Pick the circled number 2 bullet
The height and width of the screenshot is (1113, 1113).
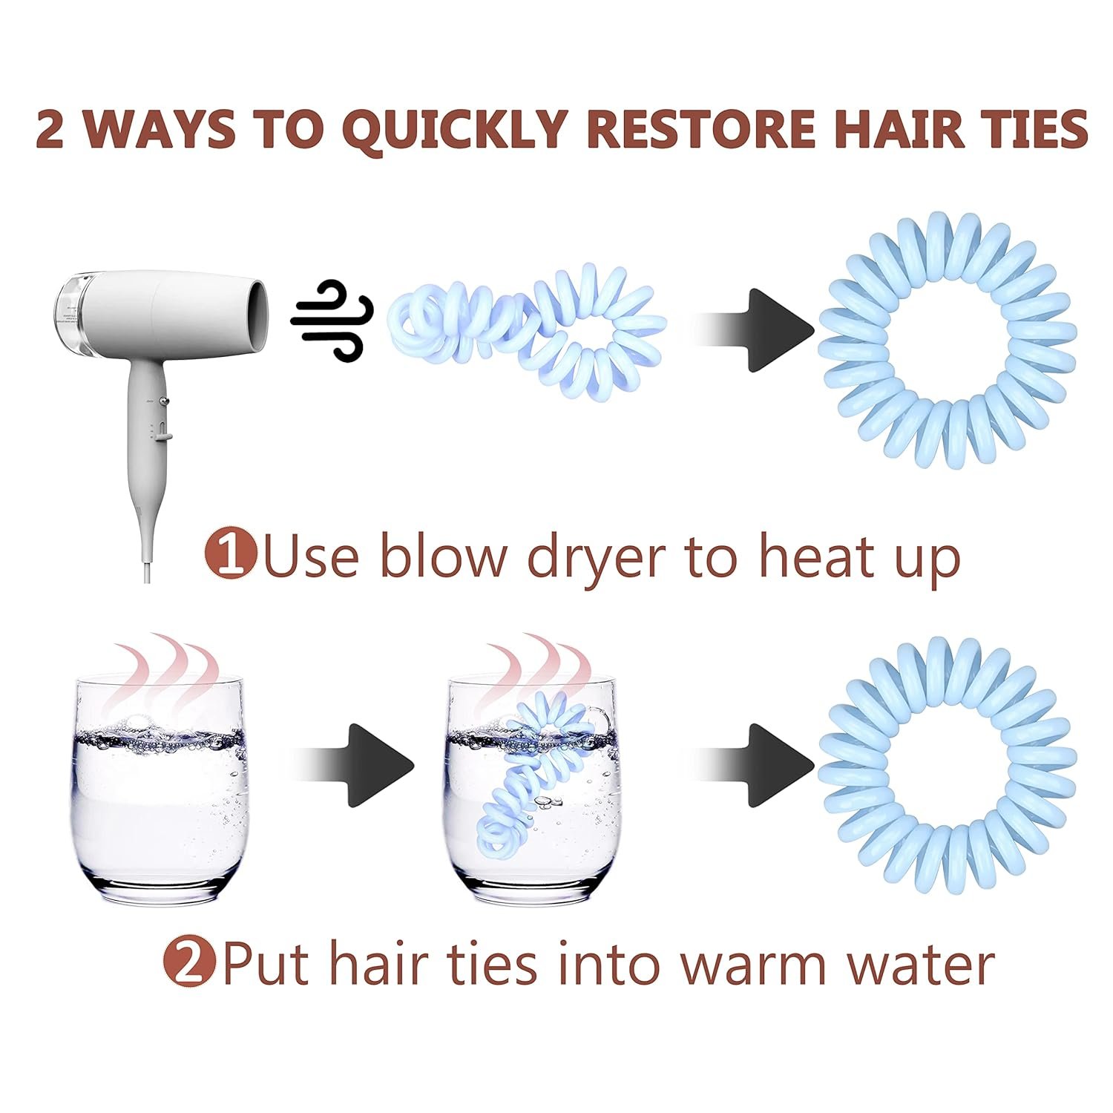pos(188,962)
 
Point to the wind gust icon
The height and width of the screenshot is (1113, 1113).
pos(332,320)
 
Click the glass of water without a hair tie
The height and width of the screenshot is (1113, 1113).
pos(160,787)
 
